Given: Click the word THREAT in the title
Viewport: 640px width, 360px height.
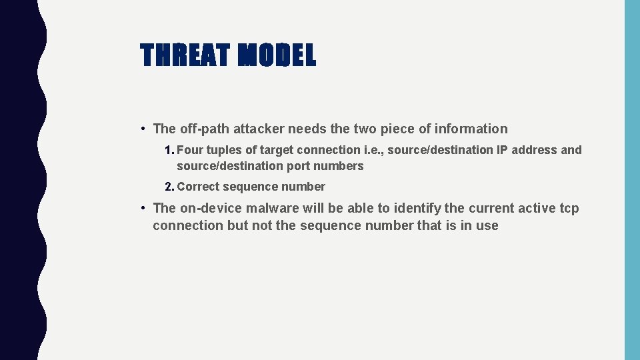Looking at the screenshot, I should click(185, 55).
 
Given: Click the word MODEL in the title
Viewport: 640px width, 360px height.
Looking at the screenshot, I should click(277, 55).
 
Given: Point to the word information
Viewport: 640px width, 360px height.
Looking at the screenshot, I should click(469, 129).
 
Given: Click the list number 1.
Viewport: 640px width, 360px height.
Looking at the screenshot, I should click(169, 150).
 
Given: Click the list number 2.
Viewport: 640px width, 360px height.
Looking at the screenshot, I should click(169, 187).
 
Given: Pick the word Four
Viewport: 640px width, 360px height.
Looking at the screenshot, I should click(189, 150).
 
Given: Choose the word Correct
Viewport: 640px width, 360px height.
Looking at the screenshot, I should click(198, 187).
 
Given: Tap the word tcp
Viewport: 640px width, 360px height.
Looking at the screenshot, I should click(568, 208).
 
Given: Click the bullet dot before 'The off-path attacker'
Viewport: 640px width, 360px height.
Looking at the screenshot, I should click(143, 129).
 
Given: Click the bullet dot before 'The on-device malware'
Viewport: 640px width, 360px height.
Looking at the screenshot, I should click(143, 208).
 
